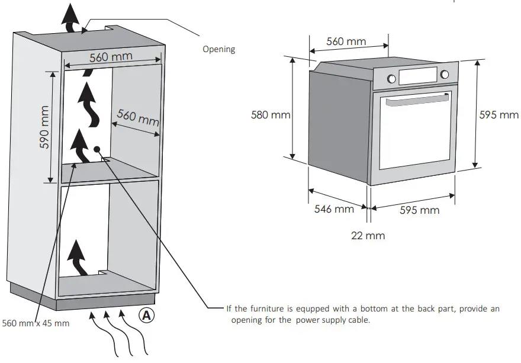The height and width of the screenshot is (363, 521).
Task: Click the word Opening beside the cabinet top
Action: tap(218, 49)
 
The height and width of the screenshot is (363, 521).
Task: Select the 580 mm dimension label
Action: tap(271, 115)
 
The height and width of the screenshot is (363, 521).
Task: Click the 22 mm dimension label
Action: tap(368, 236)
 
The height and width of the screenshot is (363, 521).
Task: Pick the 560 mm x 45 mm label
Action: tap(36, 323)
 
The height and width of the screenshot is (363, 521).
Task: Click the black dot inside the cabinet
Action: tap(96, 150)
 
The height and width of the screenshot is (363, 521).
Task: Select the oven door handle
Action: tap(414, 102)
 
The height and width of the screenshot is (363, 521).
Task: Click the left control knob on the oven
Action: tap(391, 78)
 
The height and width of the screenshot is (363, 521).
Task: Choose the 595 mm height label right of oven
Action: tap(499, 115)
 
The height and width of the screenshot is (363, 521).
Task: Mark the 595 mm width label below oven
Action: tap(419, 210)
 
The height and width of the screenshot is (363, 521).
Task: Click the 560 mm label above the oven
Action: tap(346, 41)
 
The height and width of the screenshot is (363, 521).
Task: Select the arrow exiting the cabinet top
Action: tap(71, 20)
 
